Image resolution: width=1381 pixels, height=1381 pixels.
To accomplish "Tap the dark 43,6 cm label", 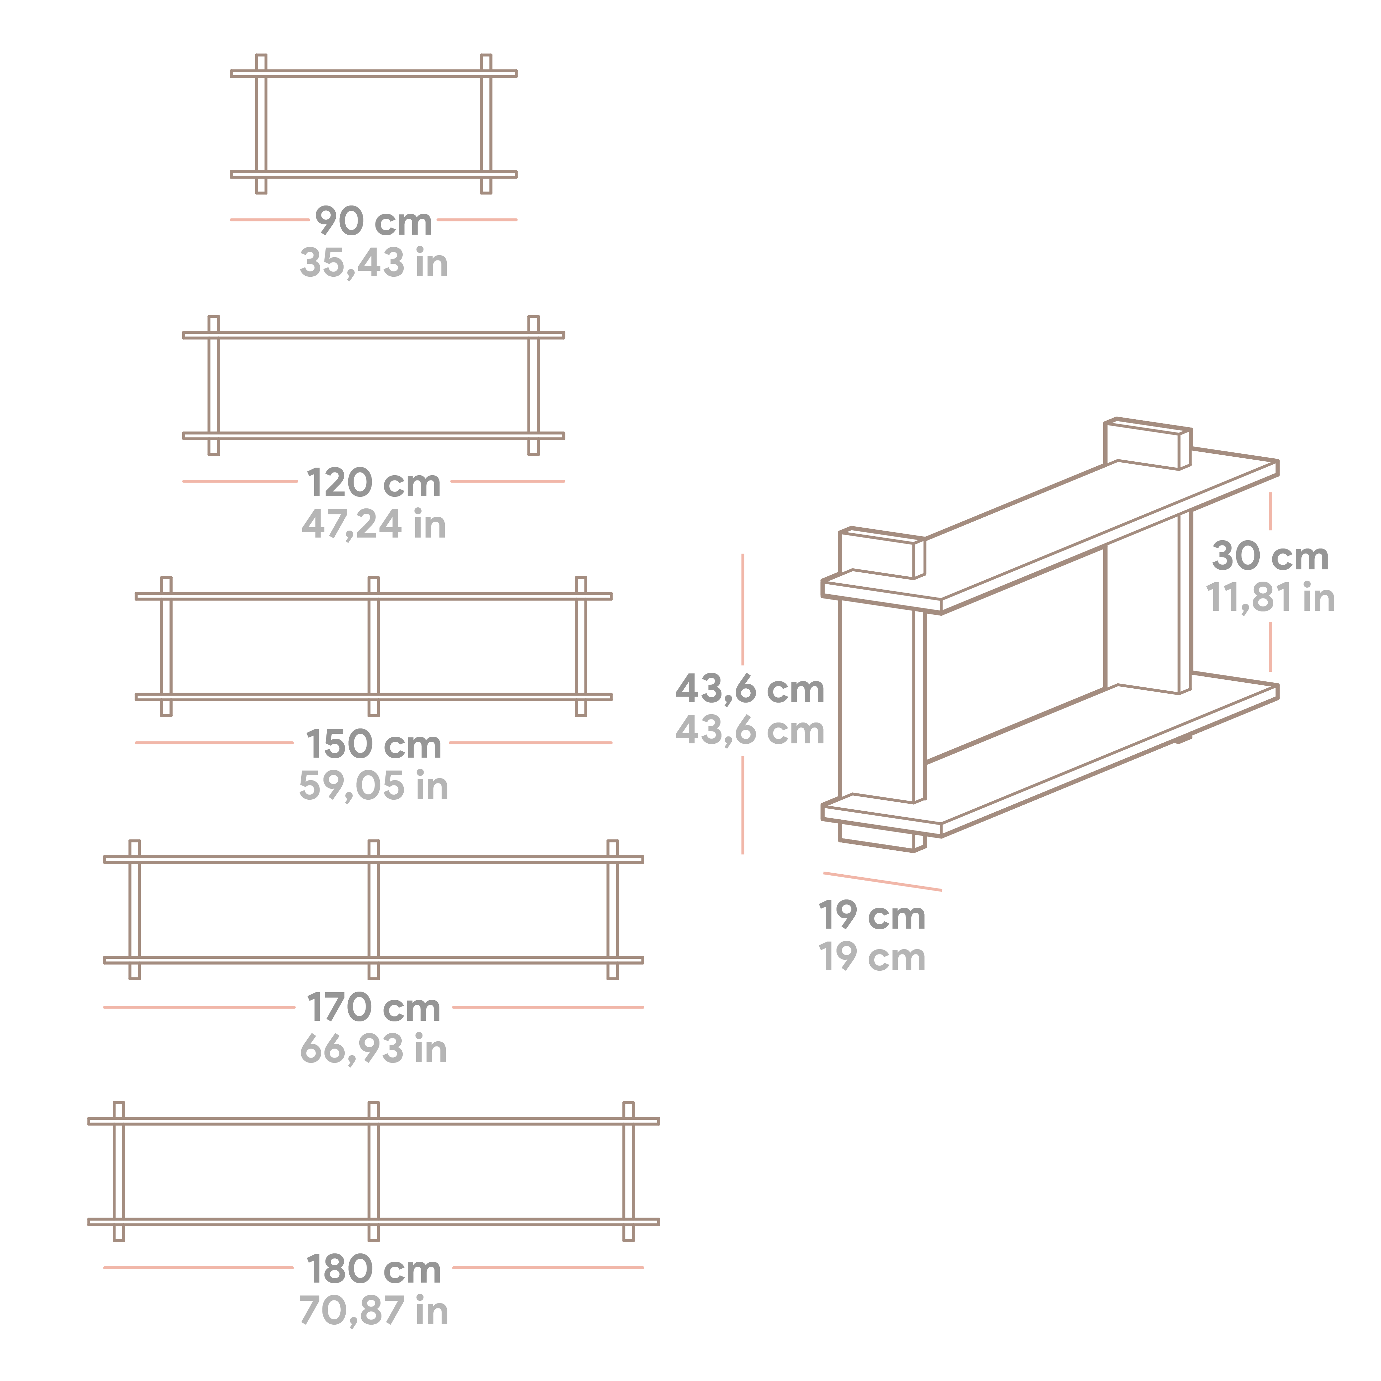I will coord(750,689).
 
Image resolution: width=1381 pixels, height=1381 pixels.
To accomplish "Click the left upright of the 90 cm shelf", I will coord(261,124).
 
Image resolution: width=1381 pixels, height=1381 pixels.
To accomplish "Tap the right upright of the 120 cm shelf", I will coord(533,385).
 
